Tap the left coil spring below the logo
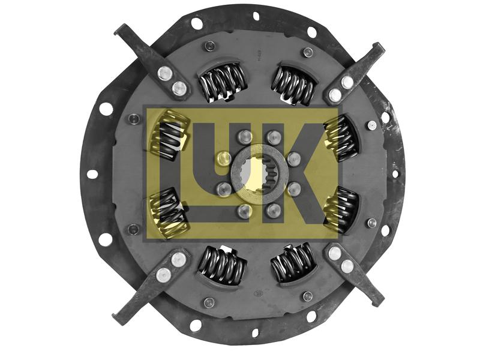pos(221,264)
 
